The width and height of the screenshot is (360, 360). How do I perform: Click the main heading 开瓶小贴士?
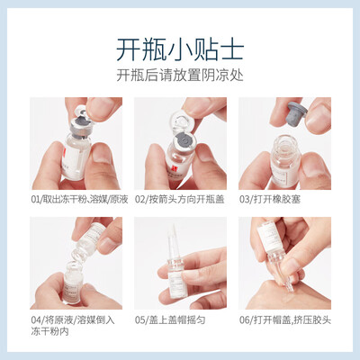click(180, 49)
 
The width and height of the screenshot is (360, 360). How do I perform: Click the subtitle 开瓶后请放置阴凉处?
click(180, 75)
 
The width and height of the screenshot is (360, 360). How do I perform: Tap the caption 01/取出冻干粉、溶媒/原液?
click(79, 200)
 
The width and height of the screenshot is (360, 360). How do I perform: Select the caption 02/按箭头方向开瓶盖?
click(179, 200)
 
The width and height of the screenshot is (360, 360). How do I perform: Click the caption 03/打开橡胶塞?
click(270, 200)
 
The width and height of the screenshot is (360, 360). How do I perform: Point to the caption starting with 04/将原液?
click(73, 326)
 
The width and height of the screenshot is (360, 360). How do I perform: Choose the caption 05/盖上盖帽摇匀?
click(170, 320)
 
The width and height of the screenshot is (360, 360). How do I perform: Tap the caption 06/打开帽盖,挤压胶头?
click(285, 320)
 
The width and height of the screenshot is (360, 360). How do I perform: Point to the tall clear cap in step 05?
click(172, 242)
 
